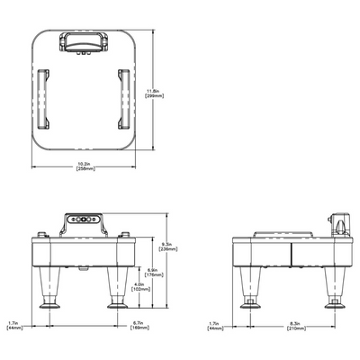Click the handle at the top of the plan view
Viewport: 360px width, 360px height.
88,40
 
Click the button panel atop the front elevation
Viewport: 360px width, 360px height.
83,219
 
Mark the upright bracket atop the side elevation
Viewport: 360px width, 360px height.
340,224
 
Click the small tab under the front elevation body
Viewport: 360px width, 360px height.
83,267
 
